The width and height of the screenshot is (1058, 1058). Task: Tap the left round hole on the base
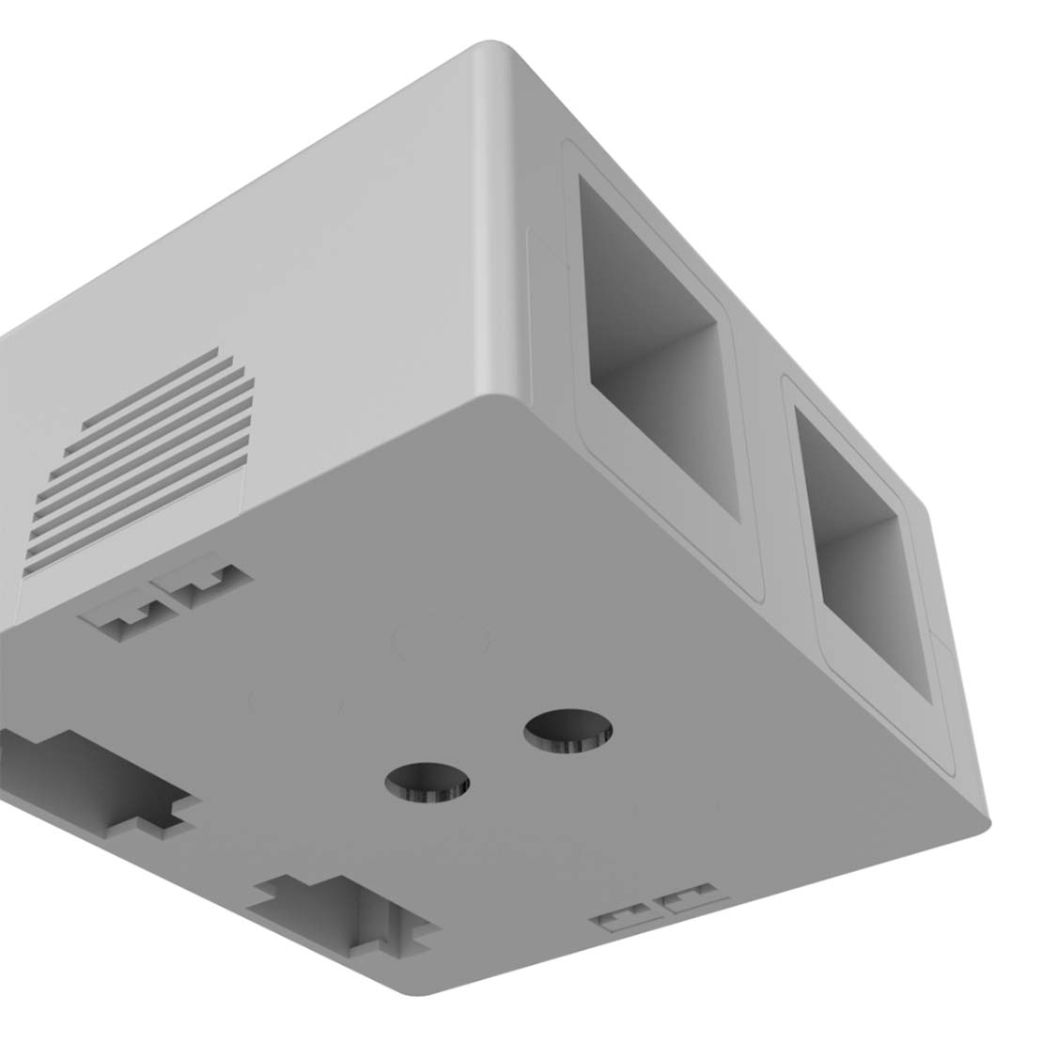(428, 781)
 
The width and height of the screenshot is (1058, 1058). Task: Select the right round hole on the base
(568, 730)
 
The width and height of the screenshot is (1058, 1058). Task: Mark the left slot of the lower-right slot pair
(623, 916)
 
